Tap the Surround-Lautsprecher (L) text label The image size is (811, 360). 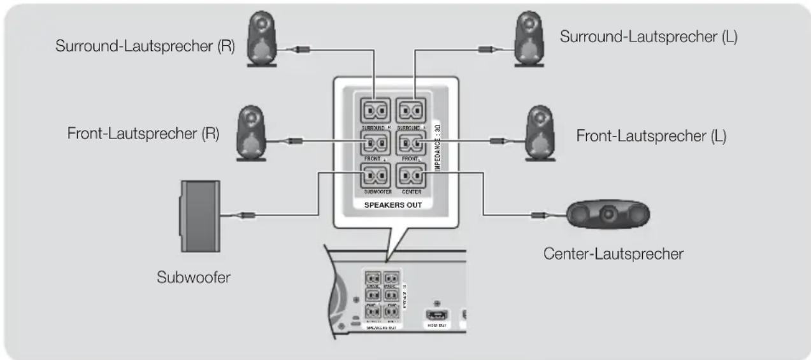[x=648, y=36]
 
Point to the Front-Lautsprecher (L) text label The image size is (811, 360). [x=650, y=136]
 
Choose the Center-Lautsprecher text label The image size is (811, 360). [x=613, y=254]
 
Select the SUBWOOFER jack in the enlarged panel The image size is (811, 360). [x=376, y=175]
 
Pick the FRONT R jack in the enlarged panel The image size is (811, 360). [x=376, y=142]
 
